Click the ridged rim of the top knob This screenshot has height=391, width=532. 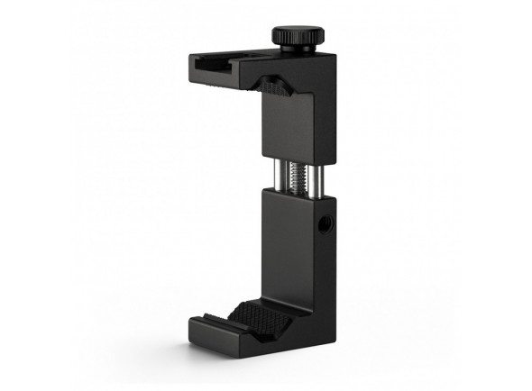point(295,39)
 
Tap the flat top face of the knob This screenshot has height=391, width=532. point(295,31)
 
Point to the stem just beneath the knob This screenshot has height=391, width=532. point(297,48)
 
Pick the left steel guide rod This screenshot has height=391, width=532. point(274,170)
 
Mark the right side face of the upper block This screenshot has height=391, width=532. point(325,108)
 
